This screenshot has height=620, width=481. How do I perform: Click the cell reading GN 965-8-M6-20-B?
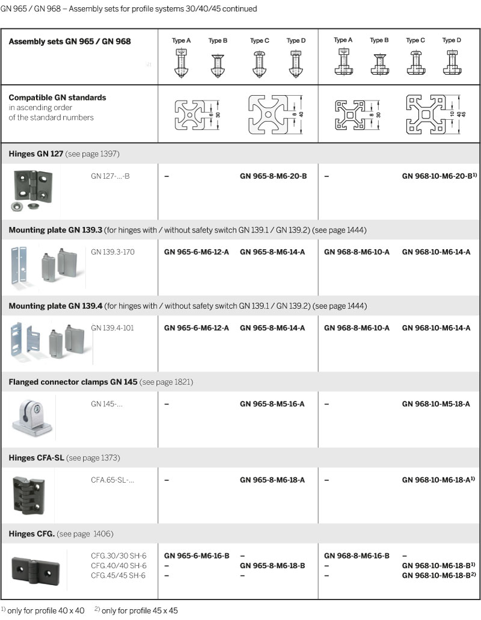point(273,176)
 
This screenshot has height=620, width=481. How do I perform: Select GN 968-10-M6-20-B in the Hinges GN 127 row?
point(439,176)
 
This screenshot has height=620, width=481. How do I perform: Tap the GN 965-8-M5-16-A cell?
point(272,404)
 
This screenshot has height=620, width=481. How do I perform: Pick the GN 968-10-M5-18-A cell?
point(436,404)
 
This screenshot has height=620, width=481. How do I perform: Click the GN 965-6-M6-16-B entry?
point(197,556)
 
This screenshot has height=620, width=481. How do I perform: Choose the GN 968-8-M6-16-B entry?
point(357,556)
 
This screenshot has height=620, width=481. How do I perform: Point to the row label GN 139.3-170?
point(112,252)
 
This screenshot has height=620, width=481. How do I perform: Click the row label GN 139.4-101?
point(112,328)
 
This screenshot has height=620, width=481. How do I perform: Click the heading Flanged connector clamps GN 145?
point(73,382)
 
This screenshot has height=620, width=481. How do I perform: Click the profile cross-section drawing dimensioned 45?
point(432,114)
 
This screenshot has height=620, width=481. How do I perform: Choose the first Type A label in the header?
point(182,41)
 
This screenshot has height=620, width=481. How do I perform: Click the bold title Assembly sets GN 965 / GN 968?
point(70,42)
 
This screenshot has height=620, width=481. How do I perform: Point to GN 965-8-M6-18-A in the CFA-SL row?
point(272,480)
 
